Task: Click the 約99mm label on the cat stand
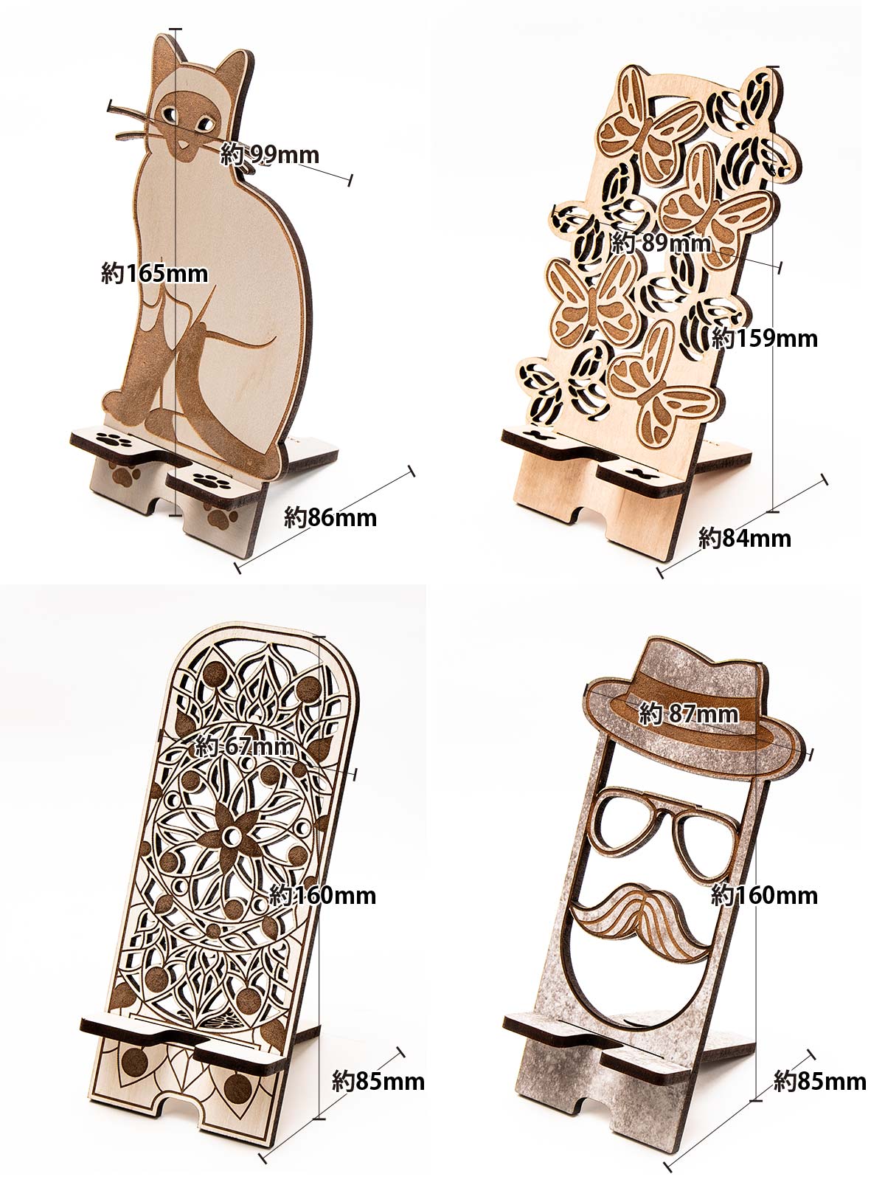click(x=270, y=154)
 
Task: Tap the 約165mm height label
click(x=154, y=273)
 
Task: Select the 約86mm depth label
click(x=330, y=518)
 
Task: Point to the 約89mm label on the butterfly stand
click(x=661, y=243)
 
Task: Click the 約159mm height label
click(x=764, y=338)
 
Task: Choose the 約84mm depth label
click(x=745, y=538)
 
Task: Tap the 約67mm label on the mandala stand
click(x=244, y=746)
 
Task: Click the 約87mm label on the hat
click(x=689, y=714)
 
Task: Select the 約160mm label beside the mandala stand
click(x=322, y=895)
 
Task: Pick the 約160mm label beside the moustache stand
click(x=764, y=895)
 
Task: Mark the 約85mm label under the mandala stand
click(x=378, y=1081)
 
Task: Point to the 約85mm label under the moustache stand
click(x=820, y=1081)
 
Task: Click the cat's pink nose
click(x=184, y=145)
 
